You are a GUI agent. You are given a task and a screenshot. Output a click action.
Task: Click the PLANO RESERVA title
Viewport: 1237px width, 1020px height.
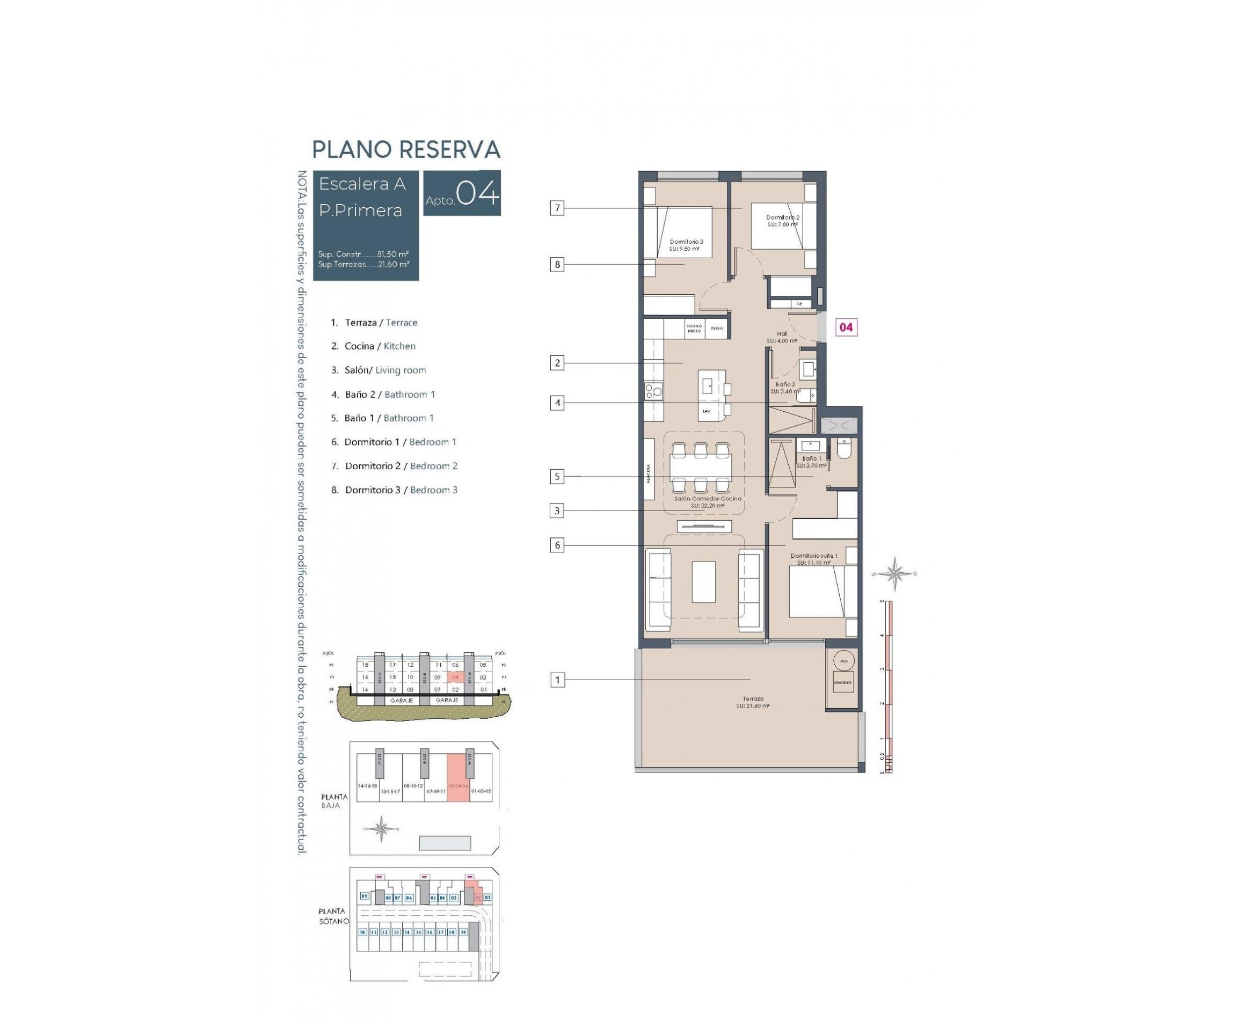405,149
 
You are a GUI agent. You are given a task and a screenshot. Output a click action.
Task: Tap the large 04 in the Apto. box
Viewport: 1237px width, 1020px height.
477,193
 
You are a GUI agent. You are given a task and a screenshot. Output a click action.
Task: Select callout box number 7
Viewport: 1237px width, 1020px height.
557,208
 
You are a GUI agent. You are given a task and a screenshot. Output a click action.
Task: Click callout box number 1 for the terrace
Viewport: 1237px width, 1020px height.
557,680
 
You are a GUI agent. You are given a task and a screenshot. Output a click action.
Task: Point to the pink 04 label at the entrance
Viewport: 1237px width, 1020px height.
845,327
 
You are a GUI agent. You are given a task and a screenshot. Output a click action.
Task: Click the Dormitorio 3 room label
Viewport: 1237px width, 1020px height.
685,245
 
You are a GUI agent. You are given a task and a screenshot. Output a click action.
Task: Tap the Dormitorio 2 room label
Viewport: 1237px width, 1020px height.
782,220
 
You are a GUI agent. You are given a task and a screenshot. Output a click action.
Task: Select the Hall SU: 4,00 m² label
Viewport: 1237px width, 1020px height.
781,337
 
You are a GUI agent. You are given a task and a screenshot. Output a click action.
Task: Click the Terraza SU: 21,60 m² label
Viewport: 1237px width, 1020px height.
752,702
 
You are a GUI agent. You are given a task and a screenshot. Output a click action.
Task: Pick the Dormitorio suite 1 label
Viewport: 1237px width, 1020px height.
813,559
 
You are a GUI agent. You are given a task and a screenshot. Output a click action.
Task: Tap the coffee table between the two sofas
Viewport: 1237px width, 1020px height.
703,582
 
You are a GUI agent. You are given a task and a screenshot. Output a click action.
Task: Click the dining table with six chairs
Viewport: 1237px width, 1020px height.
700,468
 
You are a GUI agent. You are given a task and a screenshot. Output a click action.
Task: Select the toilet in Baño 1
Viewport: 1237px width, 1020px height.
843,449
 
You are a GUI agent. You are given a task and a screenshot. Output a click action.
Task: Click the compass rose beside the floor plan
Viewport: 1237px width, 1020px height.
894,573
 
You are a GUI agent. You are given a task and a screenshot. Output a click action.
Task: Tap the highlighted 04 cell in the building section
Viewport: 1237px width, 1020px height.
455,677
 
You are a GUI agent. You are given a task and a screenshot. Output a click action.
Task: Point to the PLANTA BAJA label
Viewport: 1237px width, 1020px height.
334,801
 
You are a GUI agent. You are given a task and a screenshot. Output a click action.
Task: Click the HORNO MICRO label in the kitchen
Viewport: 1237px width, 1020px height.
694,329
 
